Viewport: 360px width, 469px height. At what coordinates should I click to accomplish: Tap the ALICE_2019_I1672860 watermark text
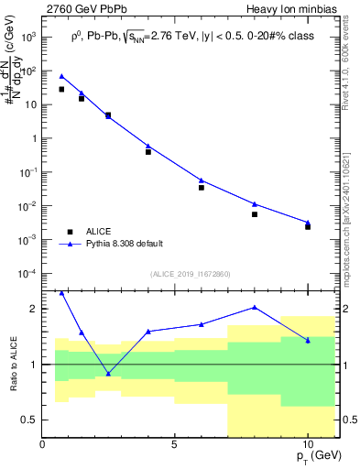[x=190, y=274]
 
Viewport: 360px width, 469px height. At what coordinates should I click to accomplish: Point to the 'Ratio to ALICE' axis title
[x=13, y=364]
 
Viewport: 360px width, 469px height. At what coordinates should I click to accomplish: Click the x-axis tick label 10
[x=308, y=444]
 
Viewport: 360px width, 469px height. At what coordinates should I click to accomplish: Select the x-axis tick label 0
[x=42, y=444]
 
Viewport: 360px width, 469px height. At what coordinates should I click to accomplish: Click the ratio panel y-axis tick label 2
[x=31, y=309]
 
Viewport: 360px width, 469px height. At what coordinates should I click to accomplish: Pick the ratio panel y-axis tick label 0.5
[x=27, y=420]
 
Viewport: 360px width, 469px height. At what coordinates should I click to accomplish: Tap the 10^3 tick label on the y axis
[x=27, y=37]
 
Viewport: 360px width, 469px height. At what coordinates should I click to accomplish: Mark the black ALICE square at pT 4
[x=148, y=151]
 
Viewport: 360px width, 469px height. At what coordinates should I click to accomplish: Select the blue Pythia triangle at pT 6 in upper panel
[x=202, y=180]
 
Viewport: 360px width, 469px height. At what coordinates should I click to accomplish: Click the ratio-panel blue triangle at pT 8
[x=255, y=308]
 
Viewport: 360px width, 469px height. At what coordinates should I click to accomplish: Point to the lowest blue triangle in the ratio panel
[x=108, y=373]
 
